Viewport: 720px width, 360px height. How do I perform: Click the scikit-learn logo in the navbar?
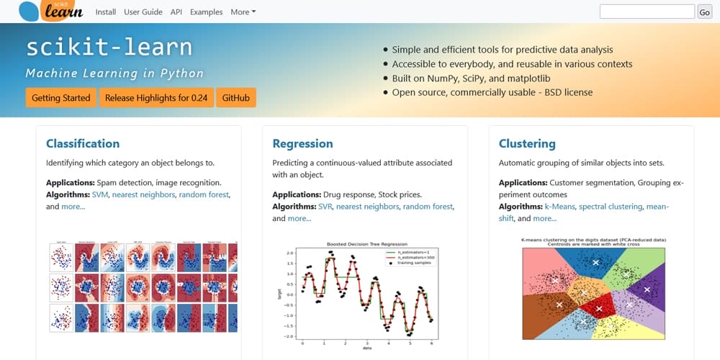(x=50, y=11)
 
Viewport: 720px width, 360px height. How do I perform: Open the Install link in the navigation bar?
(x=105, y=12)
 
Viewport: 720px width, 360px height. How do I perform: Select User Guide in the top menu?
(x=143, y=12)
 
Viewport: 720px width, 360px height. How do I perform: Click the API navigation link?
(x=176, y=12)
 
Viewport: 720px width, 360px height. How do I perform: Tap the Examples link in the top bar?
(x=206, y=12)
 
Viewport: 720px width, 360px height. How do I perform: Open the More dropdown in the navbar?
(x=243, y=12)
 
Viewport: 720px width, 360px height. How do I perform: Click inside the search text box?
(x=647, y=12)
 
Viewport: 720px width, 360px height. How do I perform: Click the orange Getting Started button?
(x=61, y=98)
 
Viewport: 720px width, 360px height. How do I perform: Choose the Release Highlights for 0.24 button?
(x=156, y=98)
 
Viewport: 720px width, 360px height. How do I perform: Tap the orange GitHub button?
(x=236, y=98)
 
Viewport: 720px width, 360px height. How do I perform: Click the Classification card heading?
(x=83, y=143)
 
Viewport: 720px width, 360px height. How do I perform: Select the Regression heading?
(x=302, y=143)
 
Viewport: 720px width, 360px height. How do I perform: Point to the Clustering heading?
(x=527, y=143)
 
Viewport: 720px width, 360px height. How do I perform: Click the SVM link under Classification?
(x=100, y=194)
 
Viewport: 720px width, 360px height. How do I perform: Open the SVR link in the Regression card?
(x=326, y=207)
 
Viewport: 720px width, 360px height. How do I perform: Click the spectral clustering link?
(x=611, y=207)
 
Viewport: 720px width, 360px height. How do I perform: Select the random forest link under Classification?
(x=204, y=194)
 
